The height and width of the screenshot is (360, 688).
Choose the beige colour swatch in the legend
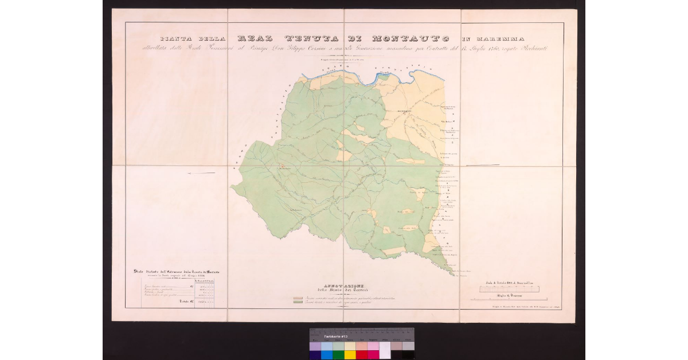[298, 299]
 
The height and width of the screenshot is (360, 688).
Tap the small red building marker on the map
[281, 167]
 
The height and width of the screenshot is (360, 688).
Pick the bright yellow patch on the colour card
[349, 355]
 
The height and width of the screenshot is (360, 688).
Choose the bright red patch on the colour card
[361, 355]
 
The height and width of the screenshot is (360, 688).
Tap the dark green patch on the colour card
[338, 355]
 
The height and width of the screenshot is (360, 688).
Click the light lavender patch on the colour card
[315, 346]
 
